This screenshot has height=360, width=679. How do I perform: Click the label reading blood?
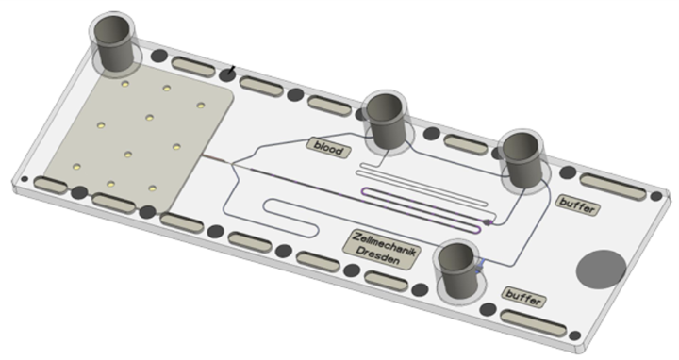click(x=327, y=149)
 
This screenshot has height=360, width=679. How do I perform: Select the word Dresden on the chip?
click(x=378, y=255)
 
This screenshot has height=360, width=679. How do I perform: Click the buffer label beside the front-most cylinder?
click(x=525, y=297)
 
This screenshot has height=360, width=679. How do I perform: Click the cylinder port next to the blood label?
click(x=388, y=121)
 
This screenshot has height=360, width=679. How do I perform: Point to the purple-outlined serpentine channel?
click(x=424, y=204)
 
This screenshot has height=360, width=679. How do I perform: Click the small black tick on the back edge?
click(x=230, y=70)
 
